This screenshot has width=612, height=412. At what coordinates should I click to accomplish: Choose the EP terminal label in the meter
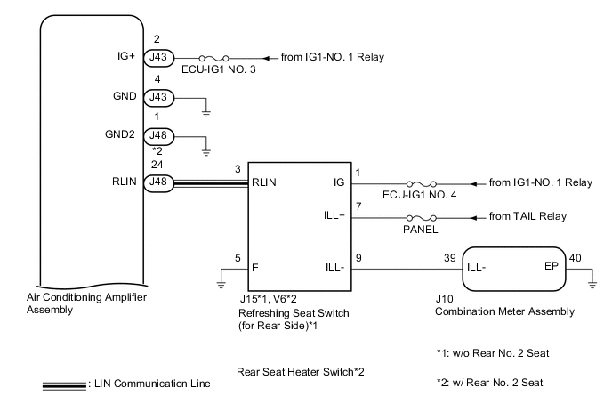[552, 266]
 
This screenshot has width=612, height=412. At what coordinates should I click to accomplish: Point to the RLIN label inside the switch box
[266, 182]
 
